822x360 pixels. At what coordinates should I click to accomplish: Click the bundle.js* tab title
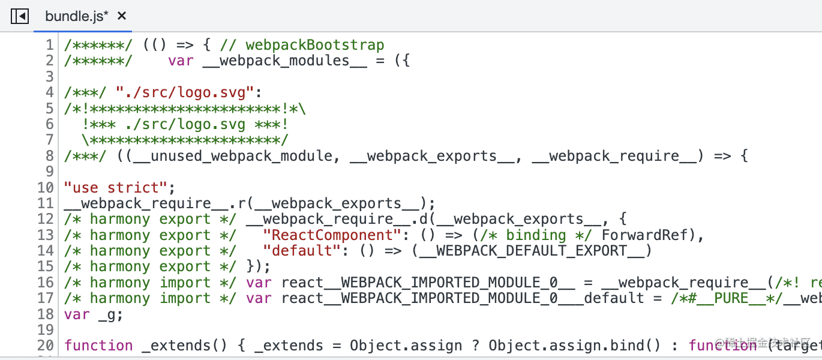pyautogui.click(x=77, y=16)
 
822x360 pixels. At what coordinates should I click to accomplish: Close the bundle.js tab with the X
pyautogui.click(x=122, y=16)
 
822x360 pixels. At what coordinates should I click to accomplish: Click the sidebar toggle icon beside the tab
pyautogui.click(x=20, y=16)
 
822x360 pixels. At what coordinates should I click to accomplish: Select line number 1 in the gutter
pyautogui.click(x=50, y=45)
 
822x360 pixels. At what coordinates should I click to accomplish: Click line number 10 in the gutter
pyautogui.click(x=46, y=187)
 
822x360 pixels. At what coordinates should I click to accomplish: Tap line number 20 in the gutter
pyautogui.click(x=46, y=346)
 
